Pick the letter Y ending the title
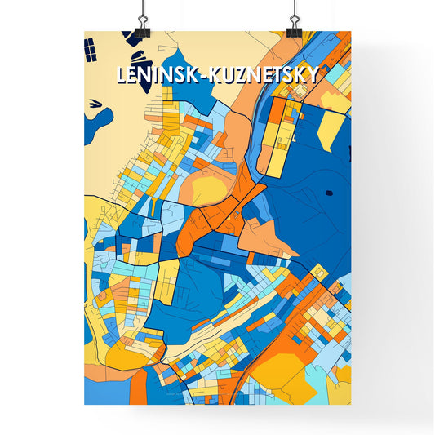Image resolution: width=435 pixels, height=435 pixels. (314, 75)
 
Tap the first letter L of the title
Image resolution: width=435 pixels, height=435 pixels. (122, 75)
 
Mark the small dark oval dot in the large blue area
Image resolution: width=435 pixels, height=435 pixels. (329, 193)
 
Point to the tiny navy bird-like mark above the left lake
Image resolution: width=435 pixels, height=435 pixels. (95, 103)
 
